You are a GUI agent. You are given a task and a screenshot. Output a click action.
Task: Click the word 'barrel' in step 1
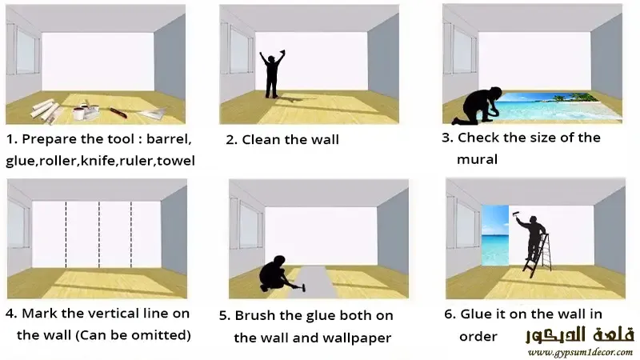tap(169, 139)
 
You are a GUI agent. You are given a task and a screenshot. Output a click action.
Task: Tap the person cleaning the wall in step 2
tap(272, 74)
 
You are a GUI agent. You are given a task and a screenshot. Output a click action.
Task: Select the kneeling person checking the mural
tap(478, 106)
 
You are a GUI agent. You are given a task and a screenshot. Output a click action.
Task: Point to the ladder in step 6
tap(538, 255)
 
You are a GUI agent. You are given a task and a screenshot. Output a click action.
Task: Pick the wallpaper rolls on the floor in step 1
tap(46, 110)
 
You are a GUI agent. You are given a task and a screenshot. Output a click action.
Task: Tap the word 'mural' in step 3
tap(477, 159)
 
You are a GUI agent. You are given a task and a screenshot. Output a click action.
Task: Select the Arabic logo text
tap(579, 334)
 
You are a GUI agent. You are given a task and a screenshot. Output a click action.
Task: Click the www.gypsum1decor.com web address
tap(580, 352)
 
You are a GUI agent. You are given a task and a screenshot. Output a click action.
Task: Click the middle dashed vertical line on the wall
tap(99, 234)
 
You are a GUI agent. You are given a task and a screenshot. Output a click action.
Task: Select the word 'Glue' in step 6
tap(476, 314)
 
